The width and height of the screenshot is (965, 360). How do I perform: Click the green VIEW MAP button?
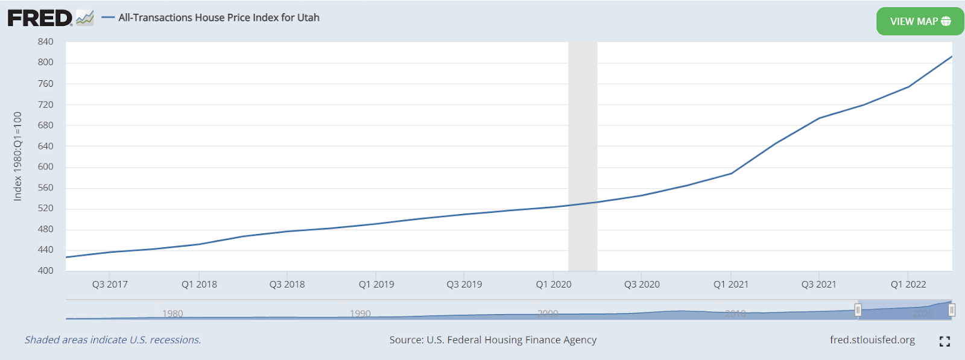[919, 22]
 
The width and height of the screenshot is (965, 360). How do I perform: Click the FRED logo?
[40, 18]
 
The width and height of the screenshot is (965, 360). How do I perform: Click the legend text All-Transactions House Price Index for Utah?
[219, 17]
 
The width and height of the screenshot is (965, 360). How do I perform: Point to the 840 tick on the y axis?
[45, 42]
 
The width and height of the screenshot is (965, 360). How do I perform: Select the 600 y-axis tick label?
[45, 167]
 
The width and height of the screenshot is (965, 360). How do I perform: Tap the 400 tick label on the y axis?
[45, 271]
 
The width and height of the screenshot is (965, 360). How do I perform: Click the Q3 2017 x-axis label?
[110, 285]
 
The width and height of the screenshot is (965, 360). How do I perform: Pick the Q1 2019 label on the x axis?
[376, 285]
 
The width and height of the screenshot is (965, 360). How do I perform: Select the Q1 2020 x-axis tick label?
[554, 285]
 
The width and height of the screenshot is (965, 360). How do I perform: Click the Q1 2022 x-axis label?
[908, 285]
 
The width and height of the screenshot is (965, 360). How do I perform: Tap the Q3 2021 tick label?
[819, 285]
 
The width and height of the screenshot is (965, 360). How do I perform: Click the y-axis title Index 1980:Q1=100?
[18, 156]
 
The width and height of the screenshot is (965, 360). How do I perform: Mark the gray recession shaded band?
[583, 156]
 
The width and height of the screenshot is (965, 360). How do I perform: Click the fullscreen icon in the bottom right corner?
[944, 341]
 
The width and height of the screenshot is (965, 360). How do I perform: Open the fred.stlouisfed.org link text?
[872, 340]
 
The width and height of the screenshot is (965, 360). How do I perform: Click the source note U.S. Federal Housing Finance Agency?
[493, 340]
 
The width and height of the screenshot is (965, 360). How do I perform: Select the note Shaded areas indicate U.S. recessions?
[113, 340]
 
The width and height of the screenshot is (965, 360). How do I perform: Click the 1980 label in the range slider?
[172, 314]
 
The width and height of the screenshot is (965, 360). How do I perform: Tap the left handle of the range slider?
[858, 310]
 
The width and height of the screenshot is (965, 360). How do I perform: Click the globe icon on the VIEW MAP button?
[946, 22]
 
